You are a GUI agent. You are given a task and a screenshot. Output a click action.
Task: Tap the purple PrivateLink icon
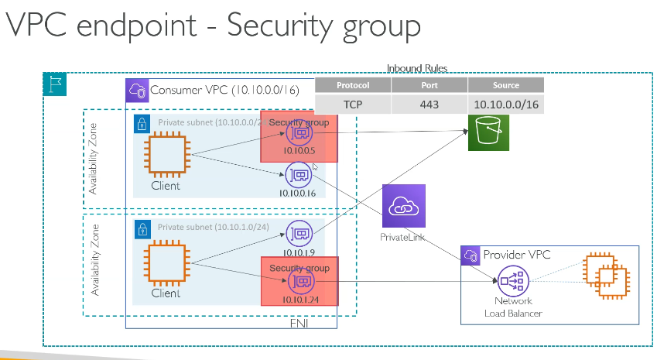(403, 206)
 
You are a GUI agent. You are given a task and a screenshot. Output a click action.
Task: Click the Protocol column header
(353, 85)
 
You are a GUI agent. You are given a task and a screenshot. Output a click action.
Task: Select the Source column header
(506, 85)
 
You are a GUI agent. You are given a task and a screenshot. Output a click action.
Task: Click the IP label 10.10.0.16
(299, 192)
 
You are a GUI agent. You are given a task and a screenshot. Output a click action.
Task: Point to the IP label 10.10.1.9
(299, 252)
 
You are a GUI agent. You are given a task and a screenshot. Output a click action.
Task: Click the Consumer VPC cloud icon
(136, 90)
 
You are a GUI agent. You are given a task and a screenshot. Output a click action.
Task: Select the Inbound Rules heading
(417, 69)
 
